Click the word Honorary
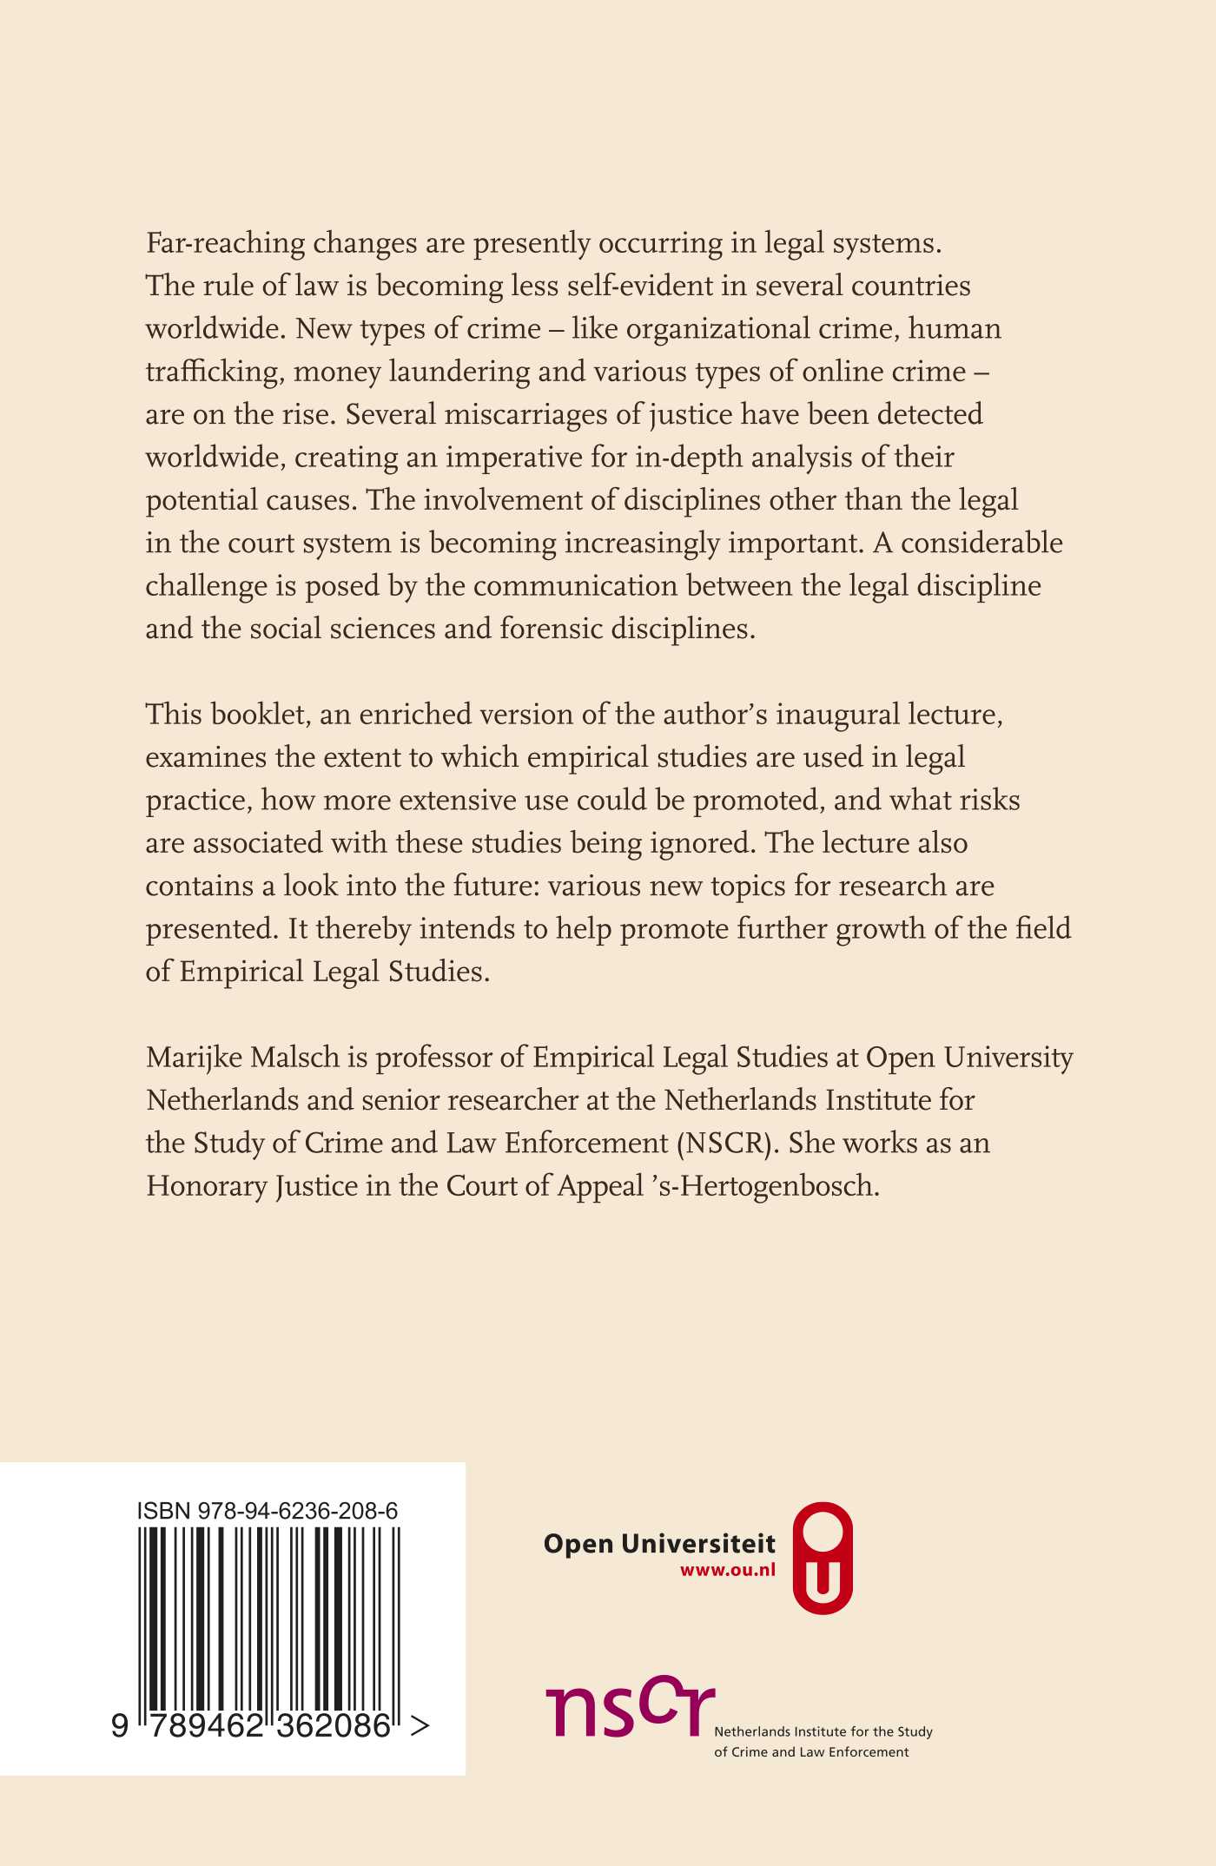tap(206, 1186)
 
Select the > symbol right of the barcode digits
tap(420, 1726)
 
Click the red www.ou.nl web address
tap(728, 1570)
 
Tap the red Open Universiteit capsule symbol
tap(823, 1559)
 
